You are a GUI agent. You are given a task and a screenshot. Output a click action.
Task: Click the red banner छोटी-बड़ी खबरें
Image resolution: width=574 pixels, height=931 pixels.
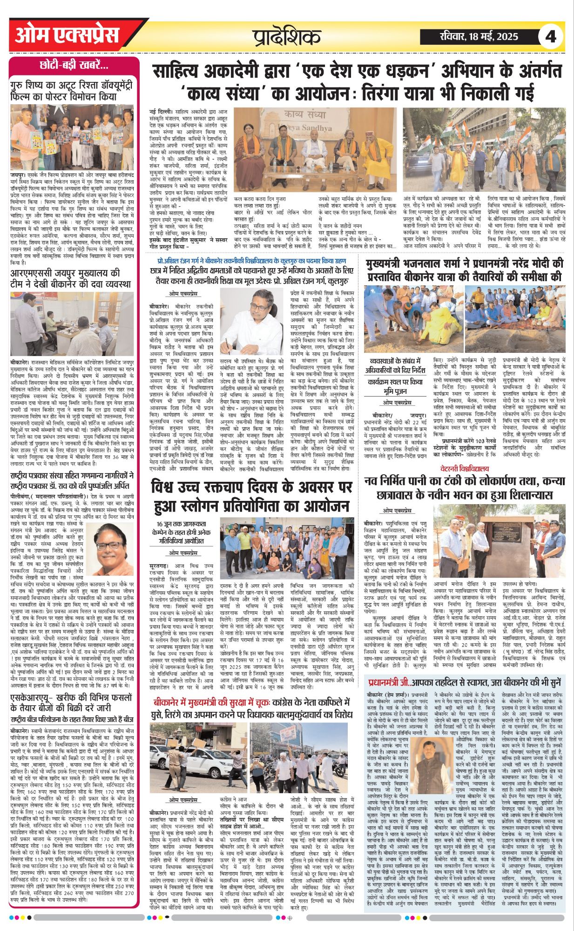[74, 65]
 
